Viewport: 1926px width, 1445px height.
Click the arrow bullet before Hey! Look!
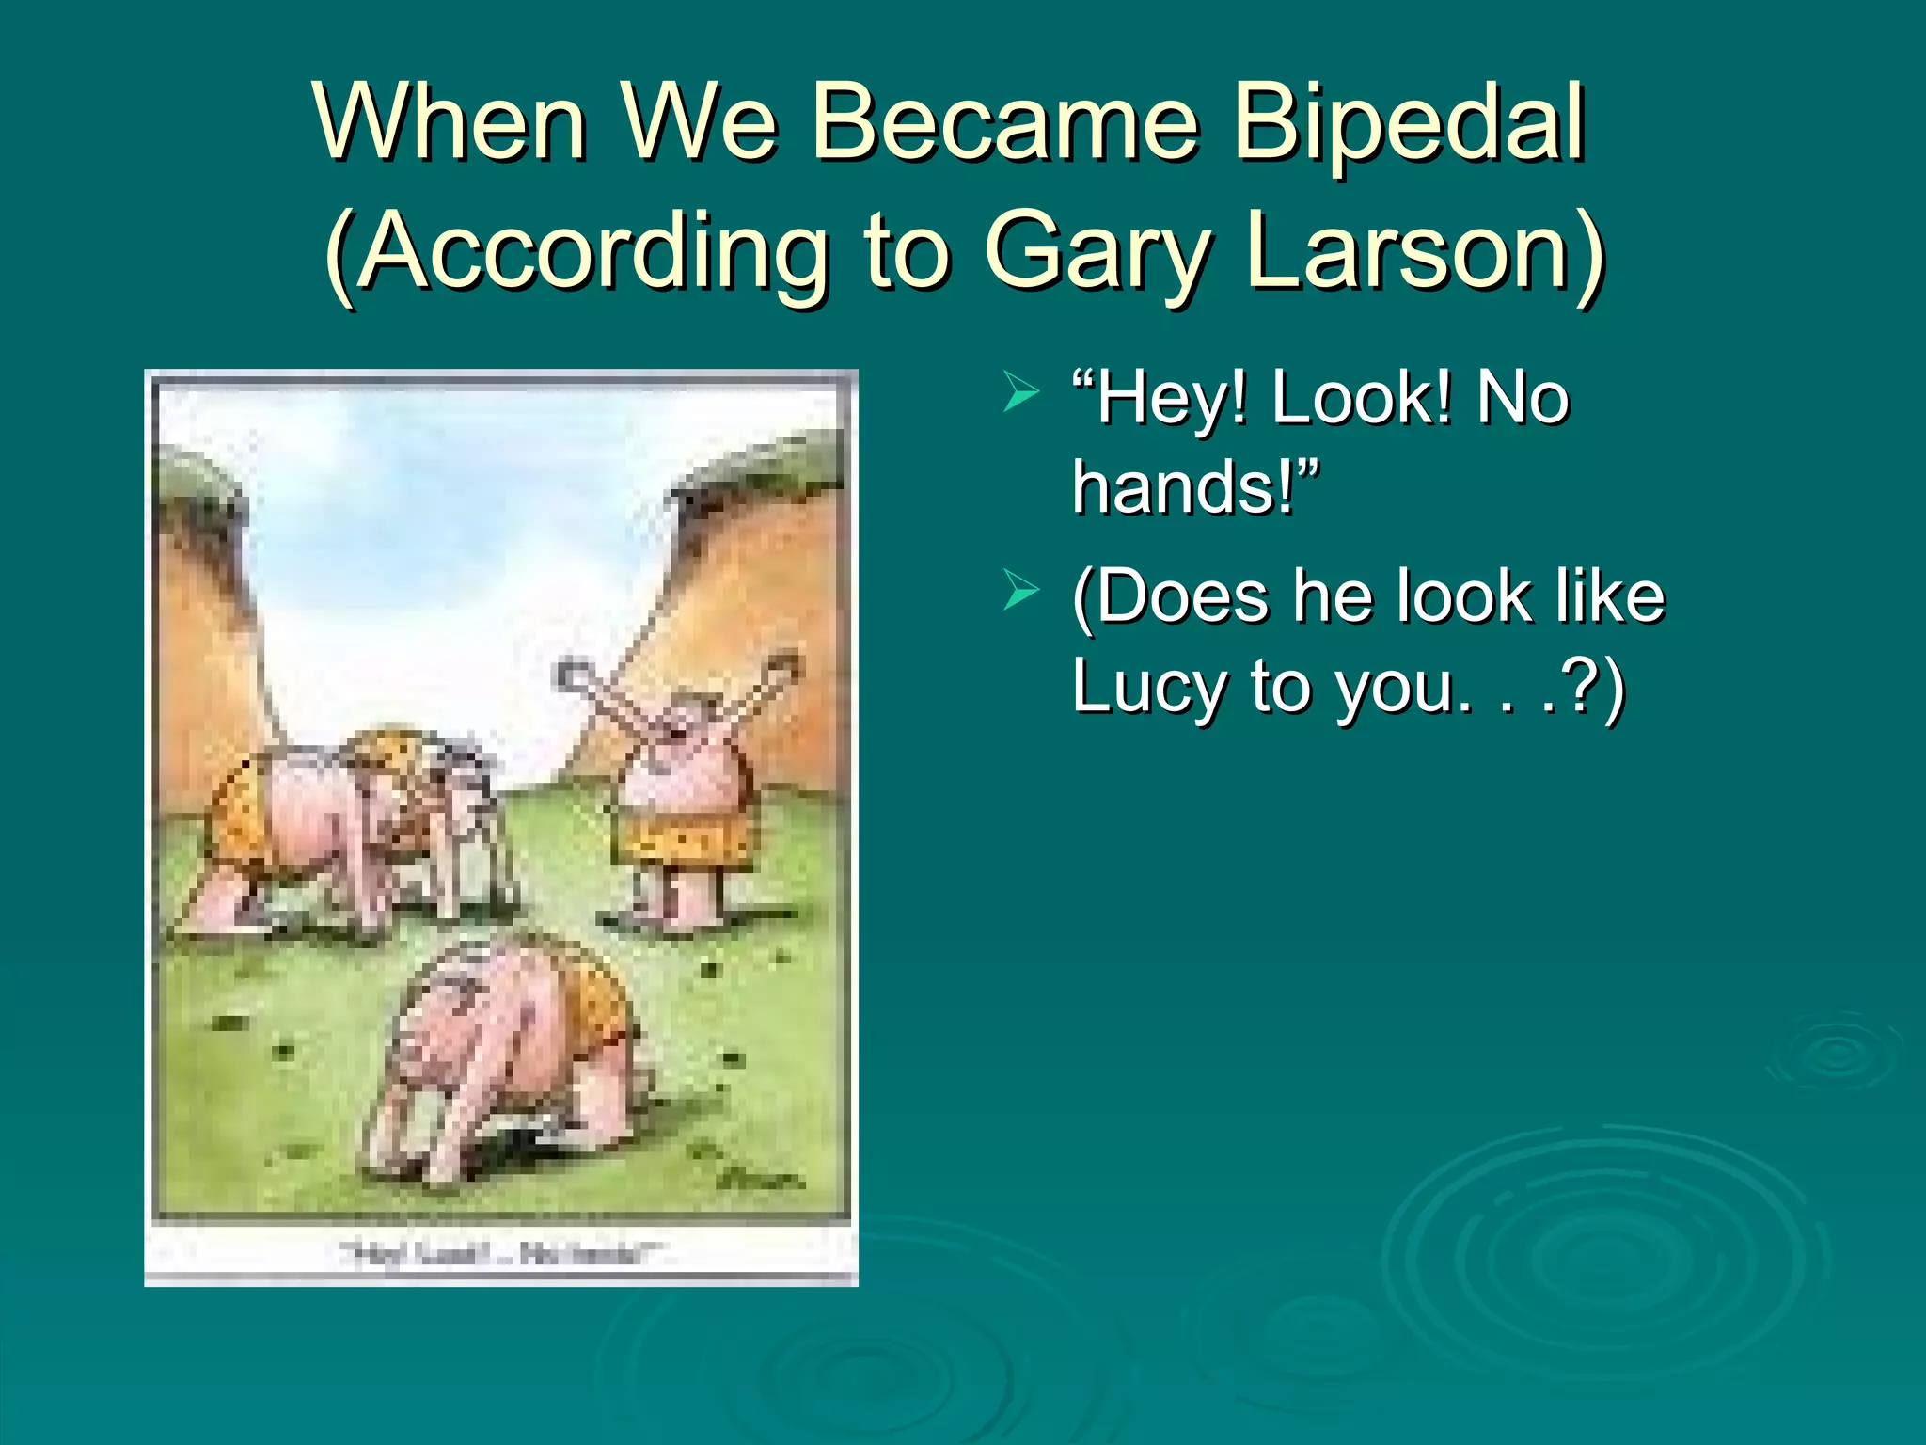point(1021,392)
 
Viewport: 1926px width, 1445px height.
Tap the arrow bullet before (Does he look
point(1021,593)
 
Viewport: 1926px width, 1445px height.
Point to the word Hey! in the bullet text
point(1160,399)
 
